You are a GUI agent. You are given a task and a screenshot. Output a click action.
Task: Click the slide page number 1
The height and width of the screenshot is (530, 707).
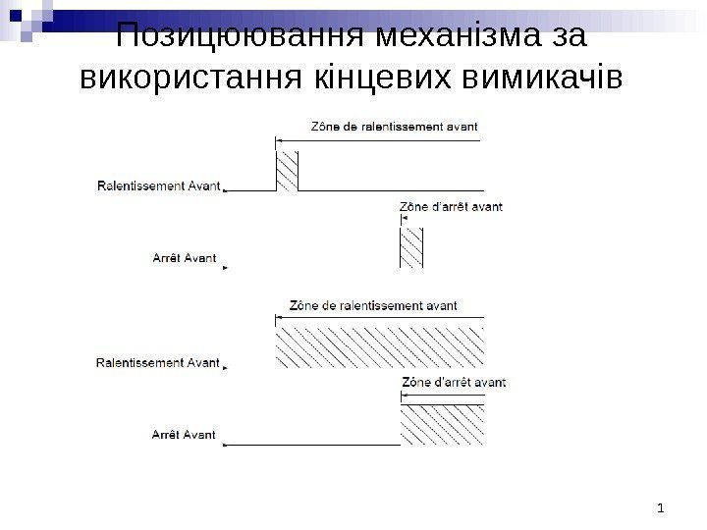point(662,507)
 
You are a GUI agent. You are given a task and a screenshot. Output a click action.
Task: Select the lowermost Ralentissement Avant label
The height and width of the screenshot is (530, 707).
point(157,363)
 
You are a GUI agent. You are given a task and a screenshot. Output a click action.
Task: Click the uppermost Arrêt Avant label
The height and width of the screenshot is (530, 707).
point(184,259)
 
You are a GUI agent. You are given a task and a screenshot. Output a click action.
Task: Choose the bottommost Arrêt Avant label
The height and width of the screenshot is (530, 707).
point(184,433)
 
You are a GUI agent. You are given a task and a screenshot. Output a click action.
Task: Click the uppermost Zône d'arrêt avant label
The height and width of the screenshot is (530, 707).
point(450,207)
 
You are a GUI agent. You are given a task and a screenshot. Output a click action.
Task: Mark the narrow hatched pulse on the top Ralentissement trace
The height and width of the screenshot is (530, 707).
point(287,171)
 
